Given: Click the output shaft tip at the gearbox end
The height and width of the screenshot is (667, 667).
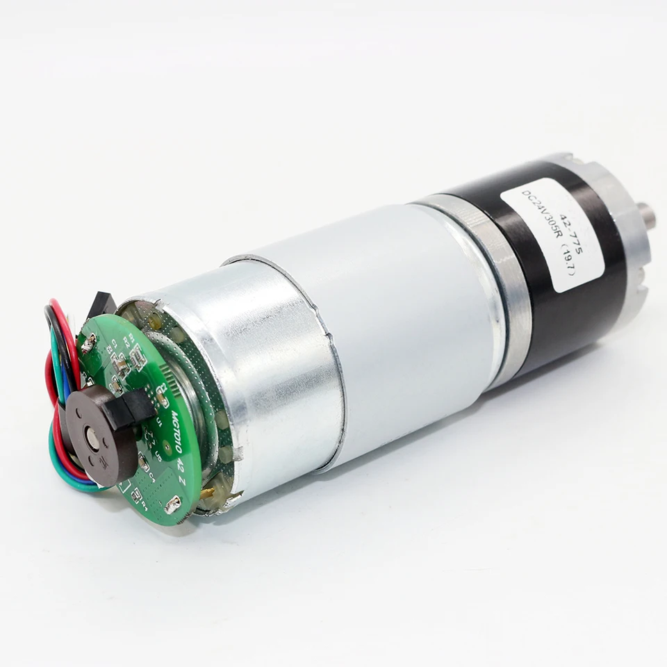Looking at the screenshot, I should pos(649,216).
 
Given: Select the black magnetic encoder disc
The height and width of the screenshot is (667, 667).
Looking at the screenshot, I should pos(104,438).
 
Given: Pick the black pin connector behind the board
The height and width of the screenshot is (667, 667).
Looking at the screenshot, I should pos(101,303).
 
